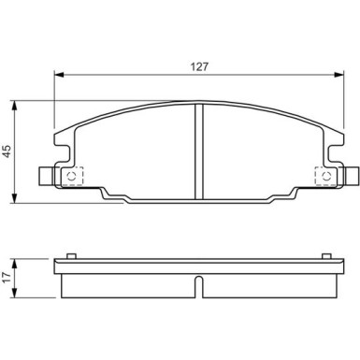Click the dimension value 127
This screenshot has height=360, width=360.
pos(199,66)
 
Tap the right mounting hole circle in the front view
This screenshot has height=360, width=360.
pos(325,176)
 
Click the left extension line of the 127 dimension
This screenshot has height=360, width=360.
pos(54,112)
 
